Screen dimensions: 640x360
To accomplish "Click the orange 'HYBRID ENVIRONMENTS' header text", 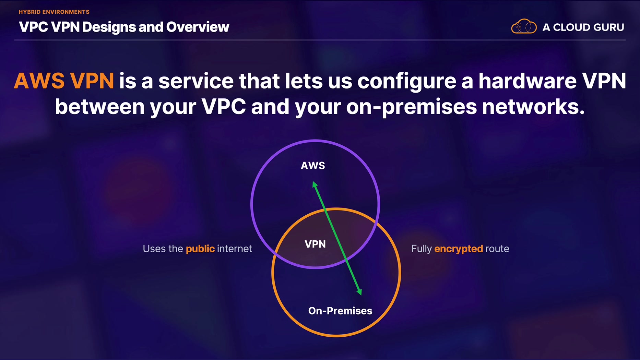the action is pos(54,12).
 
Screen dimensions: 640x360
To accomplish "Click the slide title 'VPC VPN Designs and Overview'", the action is pos(124,27).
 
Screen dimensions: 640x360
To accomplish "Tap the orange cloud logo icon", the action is pos(524,26).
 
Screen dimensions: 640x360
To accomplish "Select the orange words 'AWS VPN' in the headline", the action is pos(64,81).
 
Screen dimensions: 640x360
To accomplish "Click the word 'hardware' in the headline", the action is pos(528,81).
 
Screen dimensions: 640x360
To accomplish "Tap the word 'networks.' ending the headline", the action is pos(533,107).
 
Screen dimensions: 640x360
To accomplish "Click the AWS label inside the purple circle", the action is pos(313,166).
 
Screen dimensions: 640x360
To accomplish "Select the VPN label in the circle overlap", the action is pos(315,244).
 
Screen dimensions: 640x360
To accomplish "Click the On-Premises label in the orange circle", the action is pos(340,311).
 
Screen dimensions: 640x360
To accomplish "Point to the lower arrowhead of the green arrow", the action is pos(359,292).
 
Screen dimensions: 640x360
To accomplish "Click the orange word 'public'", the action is pos(200,249).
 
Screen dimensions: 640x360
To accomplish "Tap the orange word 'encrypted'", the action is pos(459,249).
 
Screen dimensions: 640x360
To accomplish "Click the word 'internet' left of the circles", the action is pos(235,249).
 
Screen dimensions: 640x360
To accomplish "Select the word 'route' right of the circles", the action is pos(497,249).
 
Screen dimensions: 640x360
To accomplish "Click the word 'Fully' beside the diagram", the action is pos(422,249).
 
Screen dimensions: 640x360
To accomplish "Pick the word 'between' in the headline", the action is pos(100,107).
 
